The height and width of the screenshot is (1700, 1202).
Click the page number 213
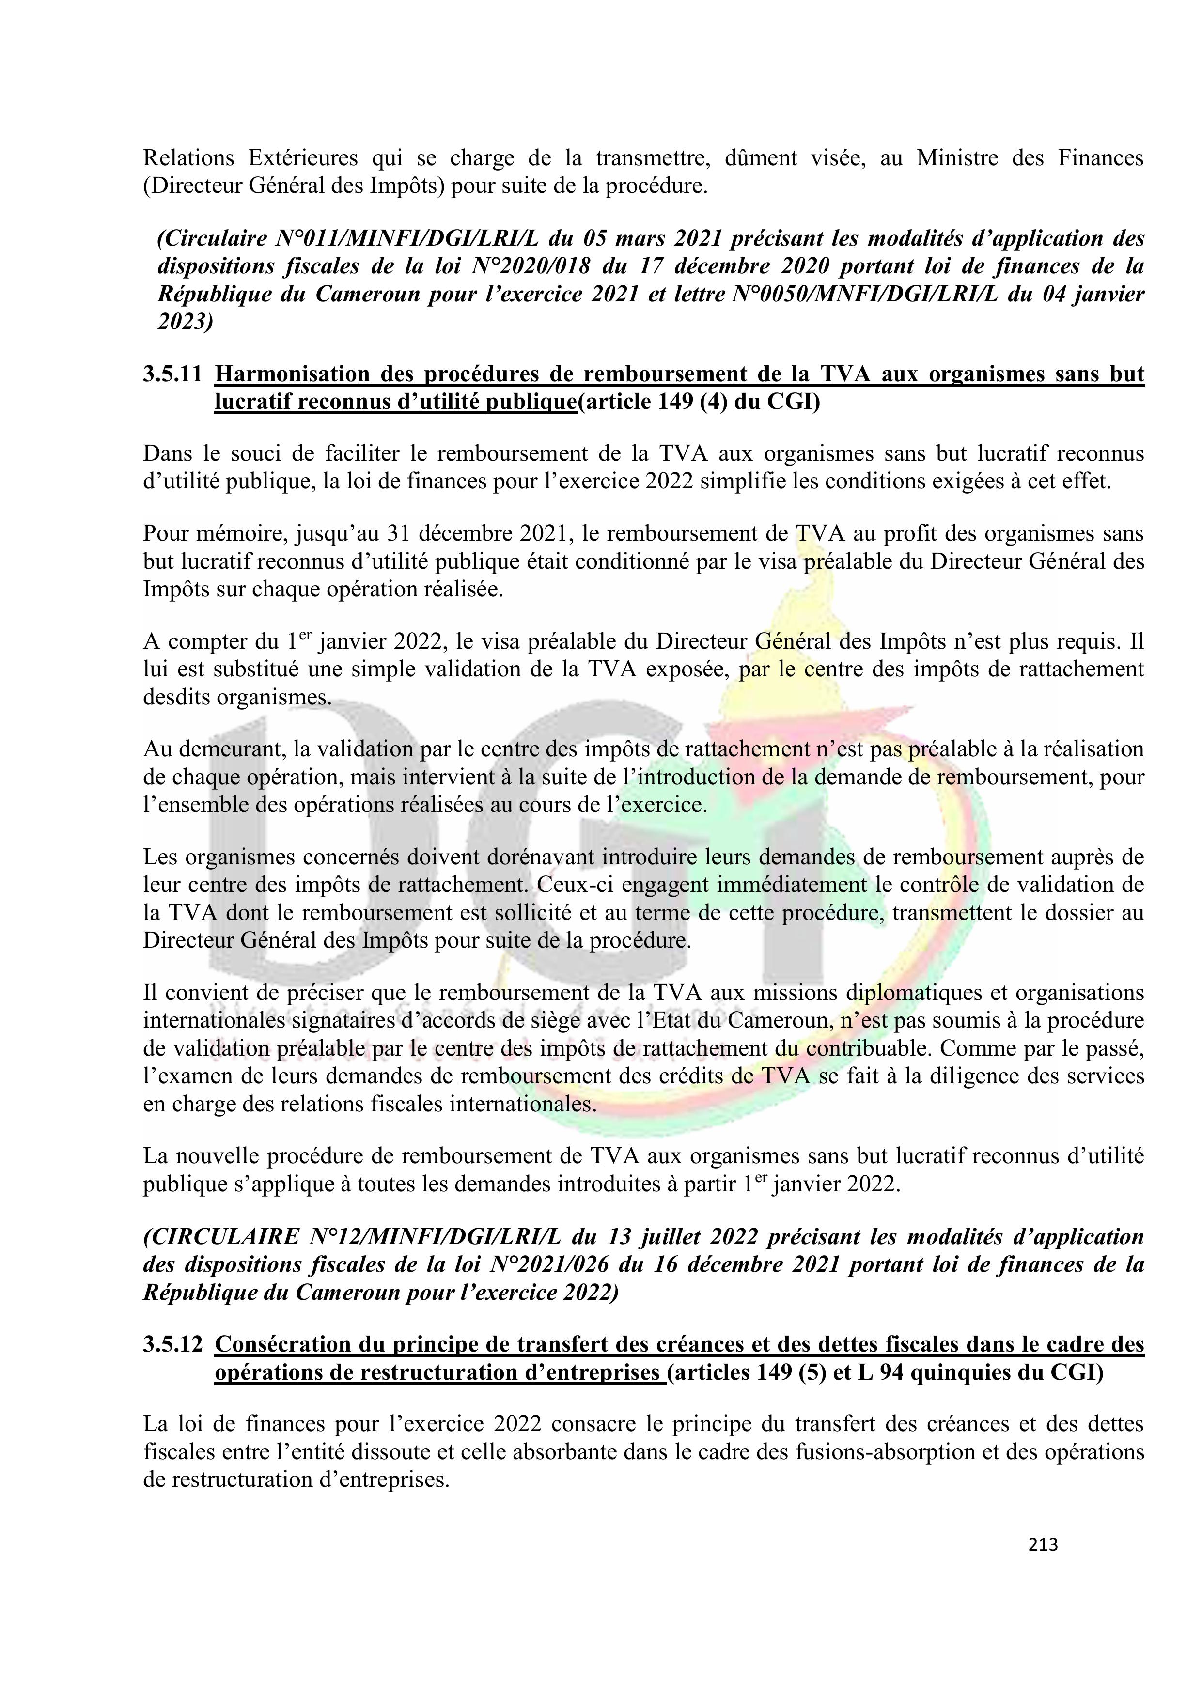(x=1043, y=1544)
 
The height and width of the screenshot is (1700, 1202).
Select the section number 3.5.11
(x=172, y=374)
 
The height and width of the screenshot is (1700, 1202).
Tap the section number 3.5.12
(x=172, y=1344)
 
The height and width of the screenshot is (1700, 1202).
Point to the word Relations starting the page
(x=189, y=158)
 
